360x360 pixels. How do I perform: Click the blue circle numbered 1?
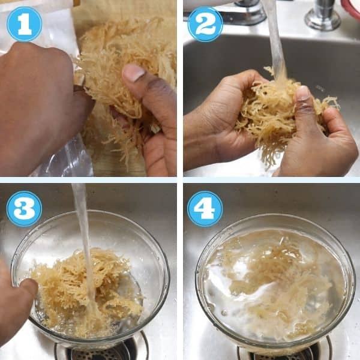25,24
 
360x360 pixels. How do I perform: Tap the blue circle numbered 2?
205,24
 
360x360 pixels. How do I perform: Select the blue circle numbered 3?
24,209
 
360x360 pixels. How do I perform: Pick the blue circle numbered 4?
205,209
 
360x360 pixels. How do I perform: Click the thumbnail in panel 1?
134,72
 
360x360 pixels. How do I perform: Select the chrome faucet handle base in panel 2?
323,16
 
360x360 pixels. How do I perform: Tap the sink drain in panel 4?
284,352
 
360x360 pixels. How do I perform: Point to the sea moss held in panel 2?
283,115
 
